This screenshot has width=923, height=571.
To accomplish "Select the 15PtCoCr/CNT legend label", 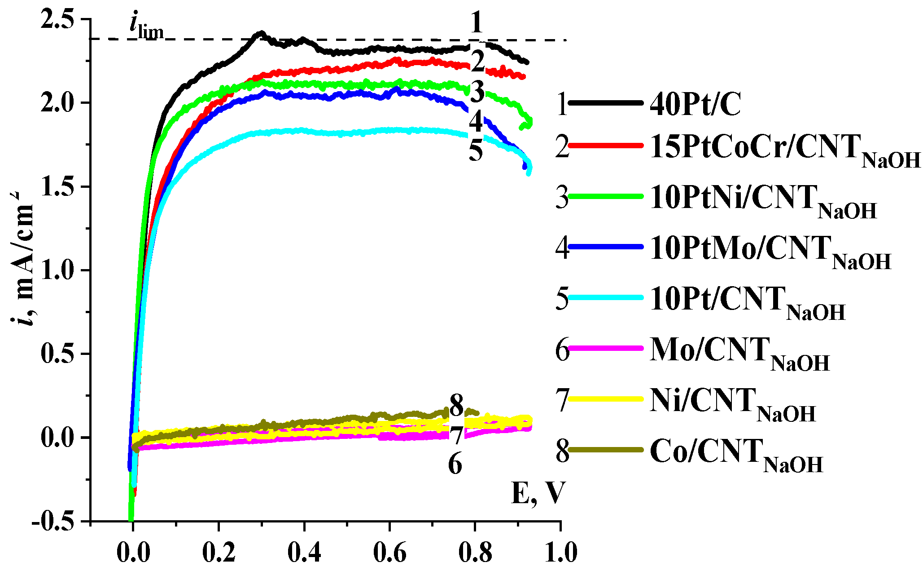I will coord(784,149).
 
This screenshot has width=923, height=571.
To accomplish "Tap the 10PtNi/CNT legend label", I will coord(763,199).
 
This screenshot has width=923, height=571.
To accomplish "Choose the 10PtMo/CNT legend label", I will coord(770,250).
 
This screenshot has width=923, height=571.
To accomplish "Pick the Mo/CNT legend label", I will coord(739,352).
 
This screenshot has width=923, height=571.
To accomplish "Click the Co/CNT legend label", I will coord(736,453).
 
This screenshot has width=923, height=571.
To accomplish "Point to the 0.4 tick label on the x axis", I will coord(304,553).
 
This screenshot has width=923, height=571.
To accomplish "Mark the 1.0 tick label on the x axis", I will coord(561,553).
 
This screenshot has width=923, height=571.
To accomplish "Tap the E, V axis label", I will coord(537,493).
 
